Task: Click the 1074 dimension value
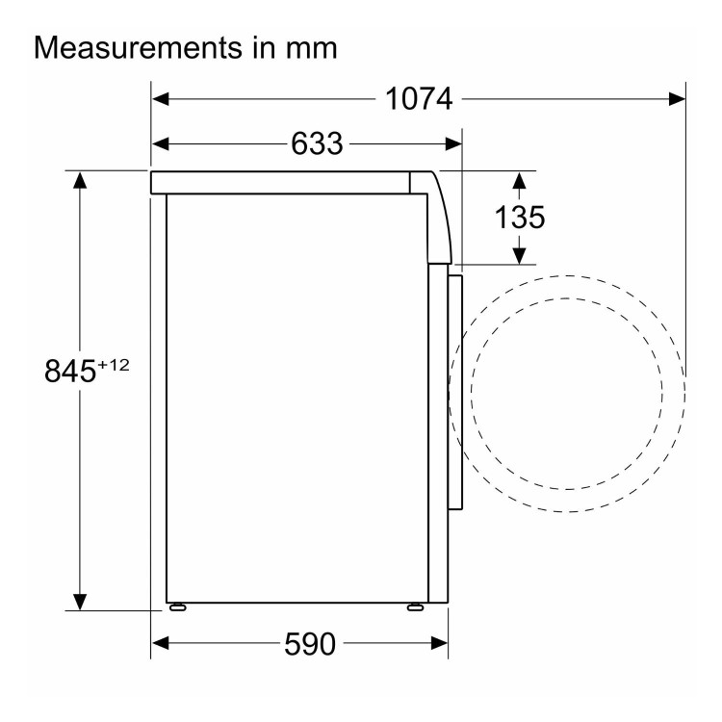[419, 99]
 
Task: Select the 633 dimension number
[317, 143]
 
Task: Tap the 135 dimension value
[520, 218]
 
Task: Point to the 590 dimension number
[310, 644]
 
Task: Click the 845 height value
[70, 371]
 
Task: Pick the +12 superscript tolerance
[113, 365]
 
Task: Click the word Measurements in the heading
[138, 47]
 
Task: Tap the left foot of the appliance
[178, 607]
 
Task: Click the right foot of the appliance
[415, 607]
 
